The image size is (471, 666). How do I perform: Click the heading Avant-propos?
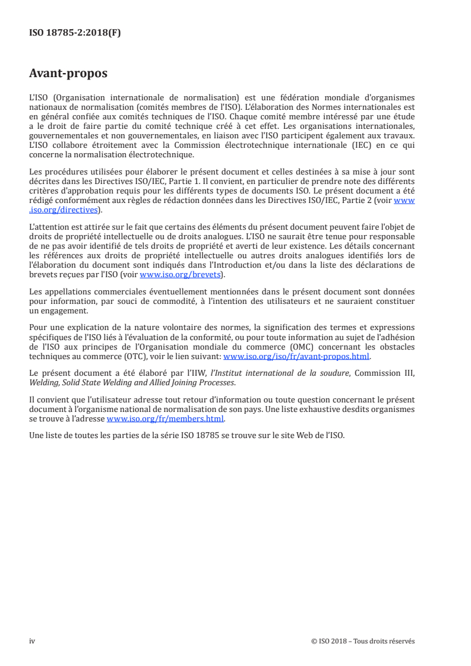click(x=68, y=74)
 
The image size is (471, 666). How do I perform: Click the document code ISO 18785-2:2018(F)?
click(x=75, y=33)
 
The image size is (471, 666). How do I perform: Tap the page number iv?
click(x=32, y=641)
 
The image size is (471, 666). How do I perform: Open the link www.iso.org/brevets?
click(x=178, y=275)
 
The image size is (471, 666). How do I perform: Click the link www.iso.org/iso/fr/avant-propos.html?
click(x=296, y=357)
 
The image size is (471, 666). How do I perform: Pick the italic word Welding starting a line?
click(x=43, y=382)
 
